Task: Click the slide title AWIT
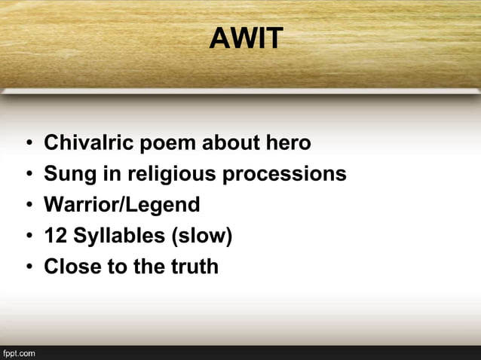pos(246,38)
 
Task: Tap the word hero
pos(289,142)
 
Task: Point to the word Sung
pos(65,174)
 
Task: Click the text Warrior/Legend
pos(122,205)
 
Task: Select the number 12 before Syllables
pos(54,236)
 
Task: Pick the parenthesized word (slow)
pos(203,236)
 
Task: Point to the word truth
pos(194,267)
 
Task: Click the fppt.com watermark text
pos(19,352)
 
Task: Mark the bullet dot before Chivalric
pos(27,144)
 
